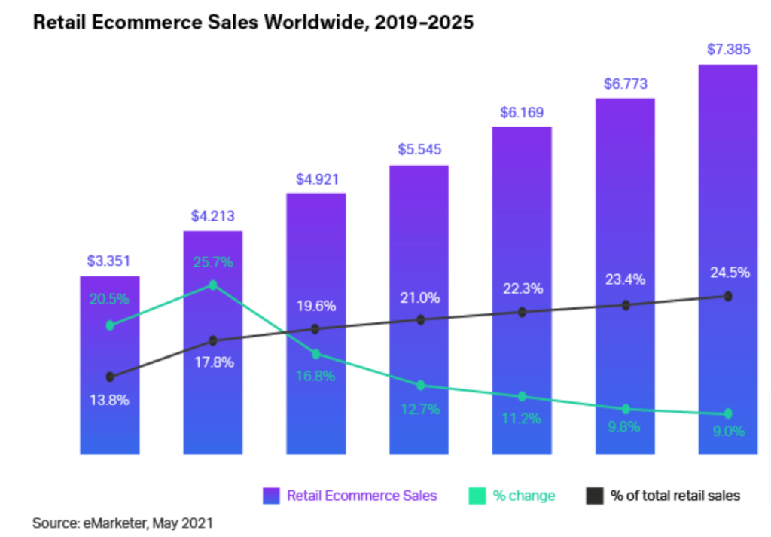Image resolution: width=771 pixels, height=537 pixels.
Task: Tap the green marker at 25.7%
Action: (212, 285)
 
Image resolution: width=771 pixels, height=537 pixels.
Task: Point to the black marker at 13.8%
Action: (110, 377)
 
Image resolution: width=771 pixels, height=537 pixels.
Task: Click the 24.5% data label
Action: (728, 273)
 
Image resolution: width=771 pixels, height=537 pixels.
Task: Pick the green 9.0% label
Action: (728, 432)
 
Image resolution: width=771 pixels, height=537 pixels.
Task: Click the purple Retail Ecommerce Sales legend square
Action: (272, 496)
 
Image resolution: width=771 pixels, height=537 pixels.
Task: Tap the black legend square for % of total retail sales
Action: (595, 496)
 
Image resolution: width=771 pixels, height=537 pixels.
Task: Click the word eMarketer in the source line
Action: (114, 521)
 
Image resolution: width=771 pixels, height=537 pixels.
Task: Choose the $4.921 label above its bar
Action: (316, 179)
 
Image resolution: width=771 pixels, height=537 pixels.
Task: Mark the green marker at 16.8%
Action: (315, 354)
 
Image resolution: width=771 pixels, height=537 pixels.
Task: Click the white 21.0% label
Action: (419, 298)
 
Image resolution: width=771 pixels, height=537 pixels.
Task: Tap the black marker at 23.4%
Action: (625, 305)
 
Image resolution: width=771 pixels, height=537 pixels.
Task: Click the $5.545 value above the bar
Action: (419, 151)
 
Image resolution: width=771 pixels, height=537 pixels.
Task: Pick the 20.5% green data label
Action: (110, 299)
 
